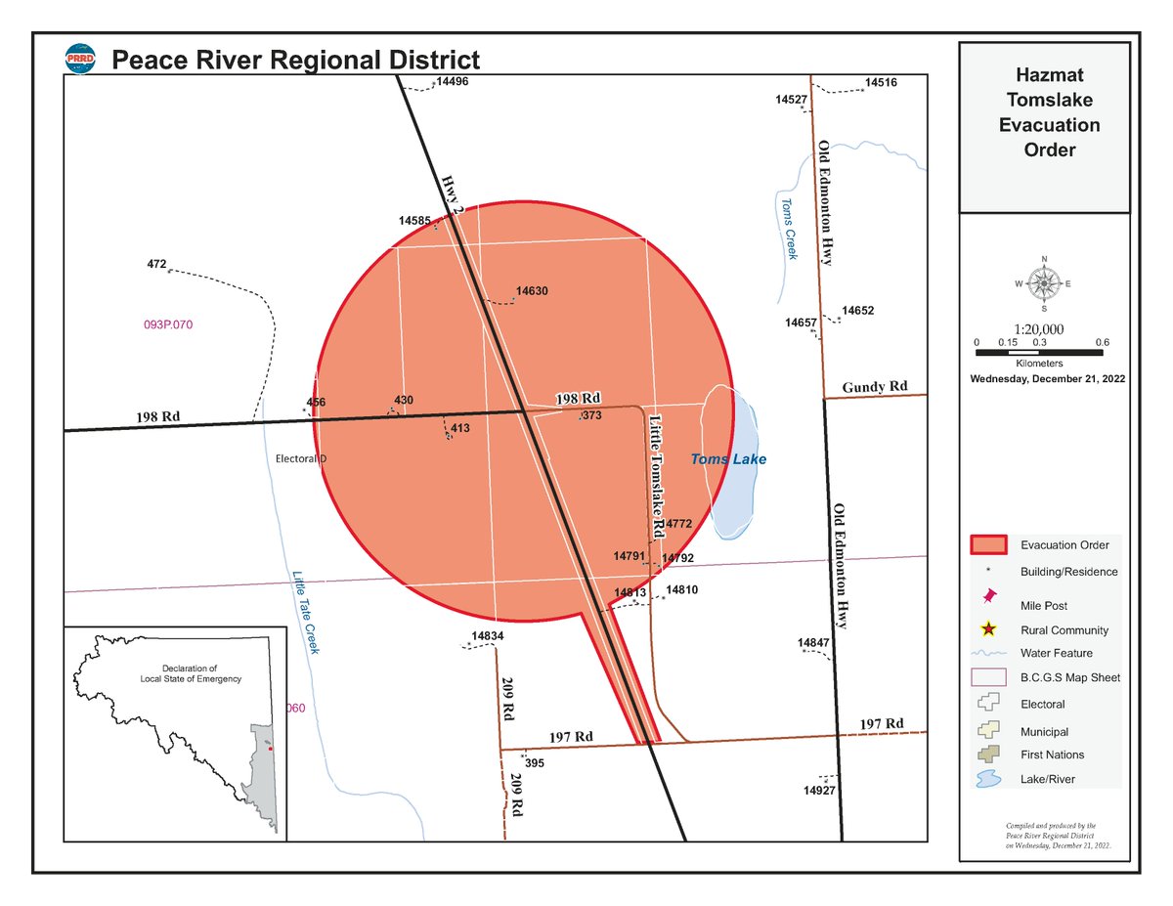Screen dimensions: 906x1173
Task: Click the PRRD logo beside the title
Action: point(80,60)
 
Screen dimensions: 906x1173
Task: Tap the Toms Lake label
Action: point(728,459)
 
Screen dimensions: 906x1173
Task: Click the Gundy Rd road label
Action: point(875,387)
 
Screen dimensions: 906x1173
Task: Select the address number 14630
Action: point(531,291)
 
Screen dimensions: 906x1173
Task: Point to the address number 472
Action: point(156,264)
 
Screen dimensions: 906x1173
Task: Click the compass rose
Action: point(1044,284)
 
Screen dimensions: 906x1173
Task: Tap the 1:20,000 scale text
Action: point(1039,329)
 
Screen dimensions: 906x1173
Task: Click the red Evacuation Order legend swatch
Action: point(988,544)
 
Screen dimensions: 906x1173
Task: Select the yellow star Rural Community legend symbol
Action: point(988,630)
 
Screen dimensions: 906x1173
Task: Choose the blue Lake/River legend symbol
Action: point(988,779)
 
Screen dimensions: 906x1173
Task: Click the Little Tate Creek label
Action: point(306,612)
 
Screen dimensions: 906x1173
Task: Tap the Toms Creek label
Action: point(788,229)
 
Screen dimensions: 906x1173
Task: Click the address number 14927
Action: point(819,790)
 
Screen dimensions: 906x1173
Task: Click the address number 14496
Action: point(453,82)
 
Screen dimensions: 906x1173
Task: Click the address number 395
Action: point(535,763)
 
